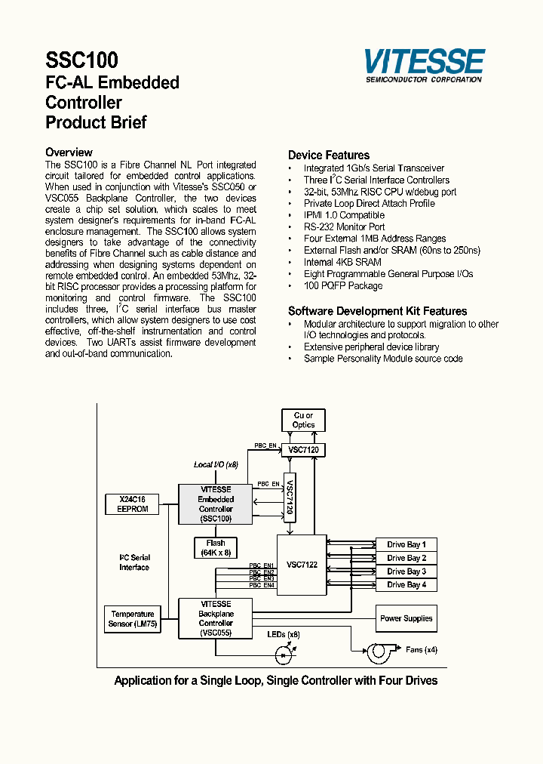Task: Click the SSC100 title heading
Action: pyautogui.click(x=81, y=60)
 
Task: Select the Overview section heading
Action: pyautogui.click(x=69, y=152)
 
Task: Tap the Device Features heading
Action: pyautogui.click(x=329, y=156)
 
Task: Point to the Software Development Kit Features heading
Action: pyautogui.click(x=377, y=311)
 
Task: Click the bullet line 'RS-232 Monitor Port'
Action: pyautogui.click(x=344, y=226)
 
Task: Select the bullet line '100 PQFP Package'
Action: pyautogui.click(x=342, y=285)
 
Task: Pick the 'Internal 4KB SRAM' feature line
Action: pyautogui.click(x=342, y=262)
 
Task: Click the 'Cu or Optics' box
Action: pyautogui.click(x=303, y=421)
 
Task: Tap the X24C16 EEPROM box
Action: pyautogui.click(x=133, y=504)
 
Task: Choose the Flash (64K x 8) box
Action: pyautogui.click(x=216, y=548)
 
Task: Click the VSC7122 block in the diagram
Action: pyautogui.click(x=302, y=564)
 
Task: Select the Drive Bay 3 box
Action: pyautogui.click(x=406, y=571)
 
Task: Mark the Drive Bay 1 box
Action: pyautogui.click(x=406, y=544)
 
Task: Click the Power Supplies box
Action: pyautogui.click(x=406, y=618)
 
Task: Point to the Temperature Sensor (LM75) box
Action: pyautogui.click(x=133, y=619)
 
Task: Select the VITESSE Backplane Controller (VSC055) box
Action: pyautogui.click(x=216, y=618)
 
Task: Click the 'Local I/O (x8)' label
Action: pyautogui.click(x=216, y=464)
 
